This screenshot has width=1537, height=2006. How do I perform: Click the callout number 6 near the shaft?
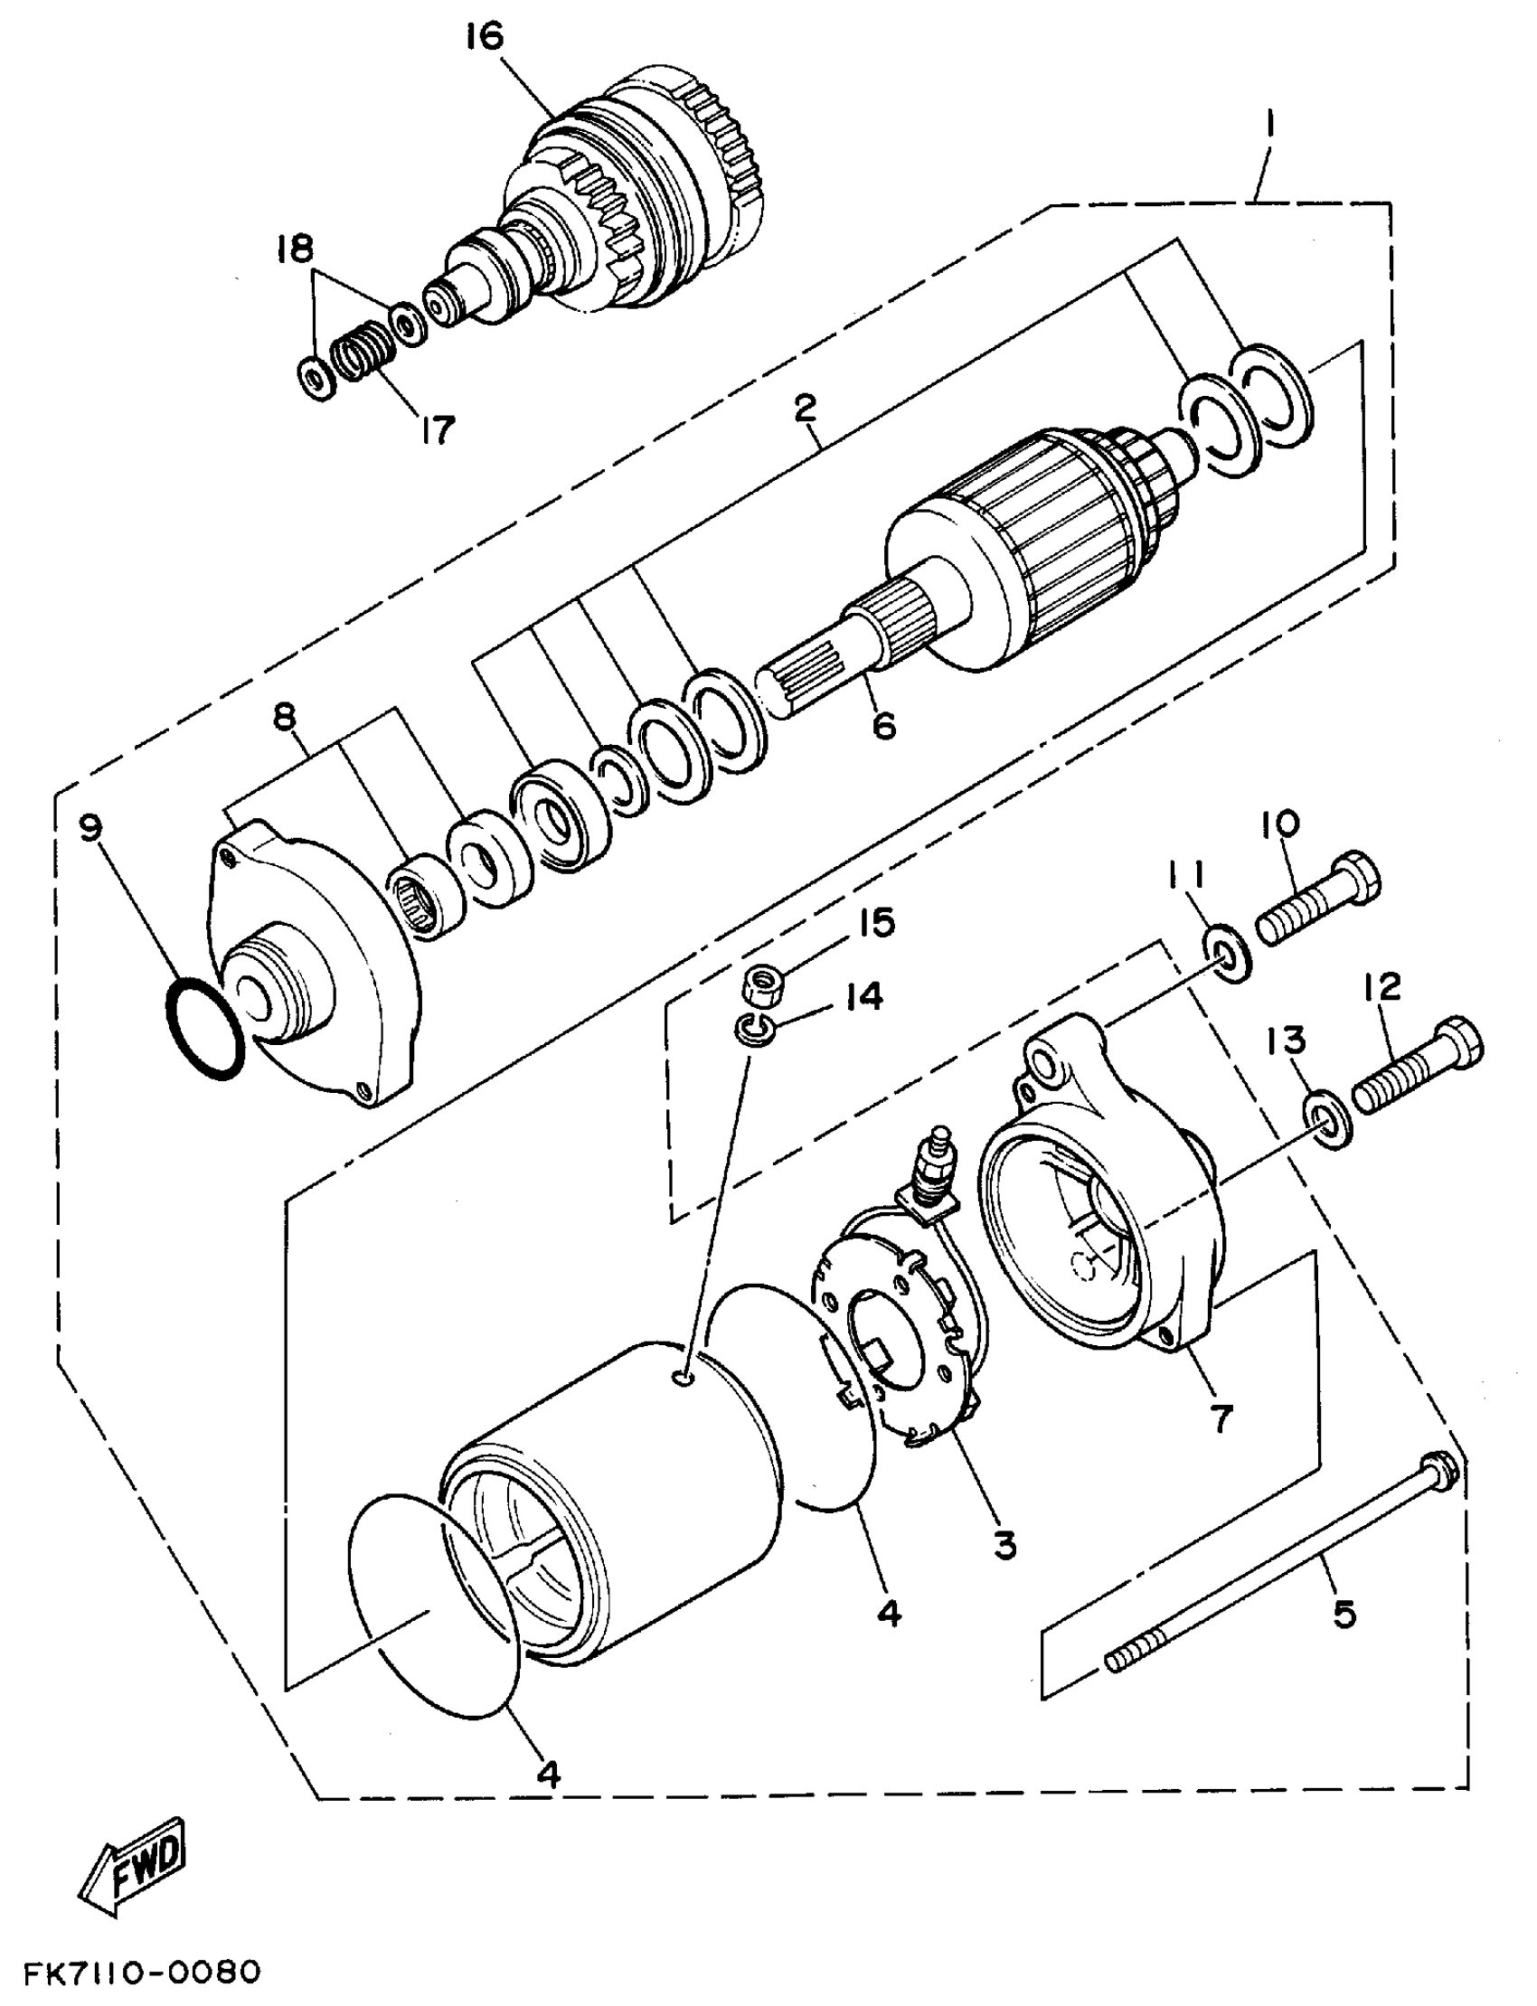[x=884, y=725]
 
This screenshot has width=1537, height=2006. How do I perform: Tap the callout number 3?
[x=1004, y=1545]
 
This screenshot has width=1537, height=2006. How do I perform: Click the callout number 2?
[x=805, y=408]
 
